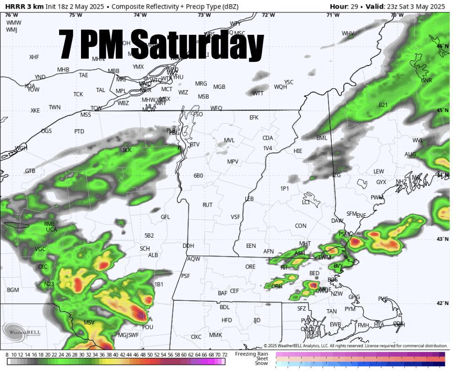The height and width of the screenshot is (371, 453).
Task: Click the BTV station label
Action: tap(195, 144)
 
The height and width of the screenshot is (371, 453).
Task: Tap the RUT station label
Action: tap(207, 205)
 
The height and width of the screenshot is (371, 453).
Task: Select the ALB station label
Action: tap(153, 255)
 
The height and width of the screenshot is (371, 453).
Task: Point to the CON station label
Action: tap(301, 226)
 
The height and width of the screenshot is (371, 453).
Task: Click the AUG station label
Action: tap(410, 154)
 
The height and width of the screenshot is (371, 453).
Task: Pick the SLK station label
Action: tap(127, 150)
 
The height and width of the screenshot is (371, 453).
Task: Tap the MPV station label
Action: tap(233, 162)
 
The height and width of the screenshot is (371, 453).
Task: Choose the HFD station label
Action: tap(226, 320)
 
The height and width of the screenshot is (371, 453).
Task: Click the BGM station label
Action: tap(13, 290)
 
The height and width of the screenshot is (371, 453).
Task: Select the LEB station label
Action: tap(249, 199)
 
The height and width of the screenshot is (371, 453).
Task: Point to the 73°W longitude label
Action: tap(204, 15)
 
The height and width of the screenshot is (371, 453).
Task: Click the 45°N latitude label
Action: tap(442, 110)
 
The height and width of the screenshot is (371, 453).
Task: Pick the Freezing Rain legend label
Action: tap(251, 354)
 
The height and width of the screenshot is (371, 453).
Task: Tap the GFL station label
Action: tap(165, 217)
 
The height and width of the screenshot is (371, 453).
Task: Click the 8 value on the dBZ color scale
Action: tap(7, 355)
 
